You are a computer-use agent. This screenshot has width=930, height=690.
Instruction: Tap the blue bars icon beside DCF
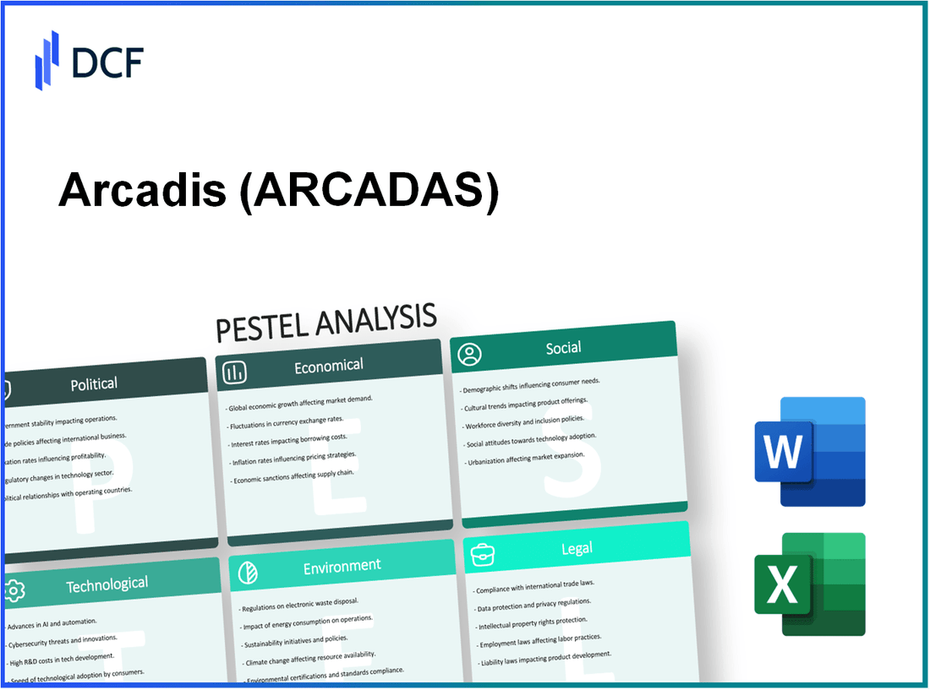pos(46,60)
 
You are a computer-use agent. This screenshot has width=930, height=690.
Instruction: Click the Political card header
pos(94,383)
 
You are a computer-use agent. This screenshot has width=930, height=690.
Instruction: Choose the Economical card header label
pos(328,365)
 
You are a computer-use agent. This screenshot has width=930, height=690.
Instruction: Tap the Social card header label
pos(563,347)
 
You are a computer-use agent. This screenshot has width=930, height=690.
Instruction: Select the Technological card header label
pos(107,584)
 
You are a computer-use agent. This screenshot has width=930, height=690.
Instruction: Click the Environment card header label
pos(342,565)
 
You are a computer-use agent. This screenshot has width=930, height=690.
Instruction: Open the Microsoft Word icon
pos(809,451)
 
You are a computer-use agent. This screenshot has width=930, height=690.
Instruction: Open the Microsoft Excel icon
pos(809,584)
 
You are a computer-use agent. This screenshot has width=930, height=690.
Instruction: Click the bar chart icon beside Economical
pos(235,371)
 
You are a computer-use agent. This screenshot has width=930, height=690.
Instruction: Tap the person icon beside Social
pos(469,353)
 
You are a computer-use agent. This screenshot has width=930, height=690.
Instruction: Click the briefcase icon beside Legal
pos(482,553)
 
